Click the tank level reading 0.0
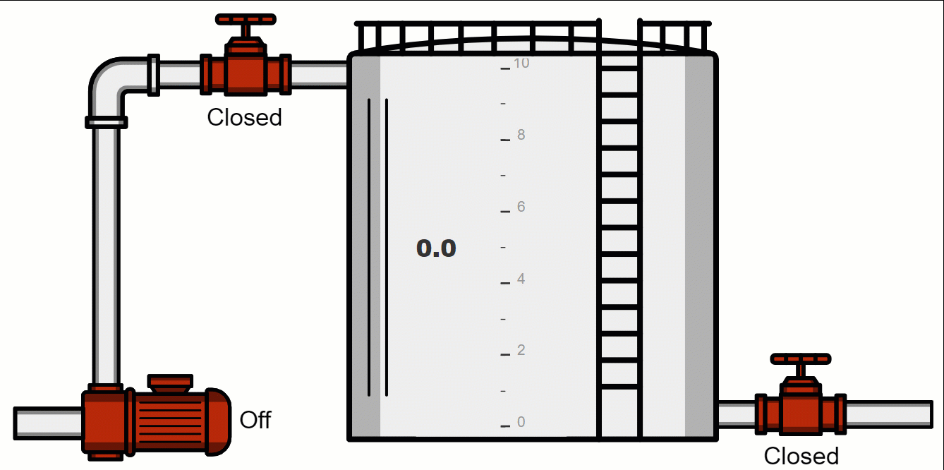[x=436, y=248]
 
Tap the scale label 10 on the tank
[x=521, y=64]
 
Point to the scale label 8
[x=521, y=135]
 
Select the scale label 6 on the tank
[x=521, y=207]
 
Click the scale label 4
[x=521, y=279]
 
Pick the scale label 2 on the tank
[x=521, y=350]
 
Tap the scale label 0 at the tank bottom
[x=521, y=422]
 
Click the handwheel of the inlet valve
[x=246, y=19]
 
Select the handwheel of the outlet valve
[x=800, y=358]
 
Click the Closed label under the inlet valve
[x=244, y=117]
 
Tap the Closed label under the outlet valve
[x=801, y=456]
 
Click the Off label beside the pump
[x=255, y=420]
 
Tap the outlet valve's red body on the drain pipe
[x=800, y=412]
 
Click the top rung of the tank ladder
[x=619, y=68]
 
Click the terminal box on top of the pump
[x=170, y=382]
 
